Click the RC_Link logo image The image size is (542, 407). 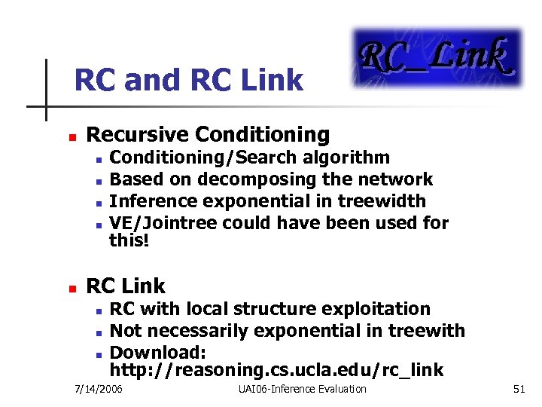coord(437,59)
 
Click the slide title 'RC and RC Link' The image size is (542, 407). coord(188,80)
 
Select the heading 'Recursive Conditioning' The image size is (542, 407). coord(208,135)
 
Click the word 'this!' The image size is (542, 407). coord(129,240)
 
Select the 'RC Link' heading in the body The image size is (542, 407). coord(126,286)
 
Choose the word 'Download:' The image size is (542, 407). coord(157,353)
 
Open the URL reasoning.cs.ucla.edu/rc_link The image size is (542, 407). coord(276,370)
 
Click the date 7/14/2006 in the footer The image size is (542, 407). coord(99,390)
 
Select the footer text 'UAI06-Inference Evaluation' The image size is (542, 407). coord(302,390)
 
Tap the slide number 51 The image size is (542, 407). coord(519,390)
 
